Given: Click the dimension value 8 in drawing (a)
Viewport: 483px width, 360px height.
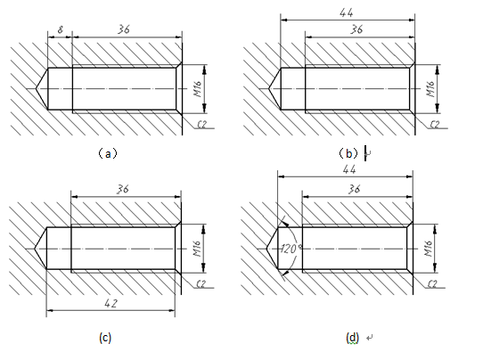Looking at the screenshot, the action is (61, 30).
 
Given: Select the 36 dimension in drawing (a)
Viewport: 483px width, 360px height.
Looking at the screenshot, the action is (124, 29).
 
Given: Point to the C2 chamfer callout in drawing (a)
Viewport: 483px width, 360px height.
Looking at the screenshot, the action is (201, 125).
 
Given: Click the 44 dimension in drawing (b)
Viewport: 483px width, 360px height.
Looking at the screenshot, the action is (347, 12).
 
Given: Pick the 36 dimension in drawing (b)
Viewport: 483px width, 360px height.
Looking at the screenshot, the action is (356, 29).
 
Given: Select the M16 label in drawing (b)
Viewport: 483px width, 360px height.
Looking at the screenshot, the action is (430, 89).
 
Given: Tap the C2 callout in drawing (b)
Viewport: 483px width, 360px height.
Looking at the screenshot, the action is (435, 125).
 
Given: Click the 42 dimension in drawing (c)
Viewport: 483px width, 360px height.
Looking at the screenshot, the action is (111, 304).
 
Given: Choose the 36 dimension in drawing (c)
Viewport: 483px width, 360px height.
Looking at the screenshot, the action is (123, 189).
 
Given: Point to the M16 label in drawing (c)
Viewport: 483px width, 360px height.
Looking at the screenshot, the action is (197, 249).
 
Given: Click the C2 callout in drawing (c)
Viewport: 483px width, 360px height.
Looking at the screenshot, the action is (201, 284).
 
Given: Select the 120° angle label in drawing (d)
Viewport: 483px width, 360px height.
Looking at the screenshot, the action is (291, 249).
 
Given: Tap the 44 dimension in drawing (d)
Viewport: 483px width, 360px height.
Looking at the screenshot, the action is (349, 169).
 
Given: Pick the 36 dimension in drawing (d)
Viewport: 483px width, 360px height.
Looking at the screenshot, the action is (354, 189).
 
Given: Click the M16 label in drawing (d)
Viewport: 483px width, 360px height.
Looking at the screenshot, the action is (428, 249).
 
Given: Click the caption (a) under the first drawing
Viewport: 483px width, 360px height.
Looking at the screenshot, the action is (108, 153).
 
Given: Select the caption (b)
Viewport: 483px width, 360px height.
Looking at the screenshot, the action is (348, 153).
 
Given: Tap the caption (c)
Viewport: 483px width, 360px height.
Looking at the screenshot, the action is (105, 338).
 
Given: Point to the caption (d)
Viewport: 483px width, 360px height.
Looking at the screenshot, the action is (352, 338).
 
